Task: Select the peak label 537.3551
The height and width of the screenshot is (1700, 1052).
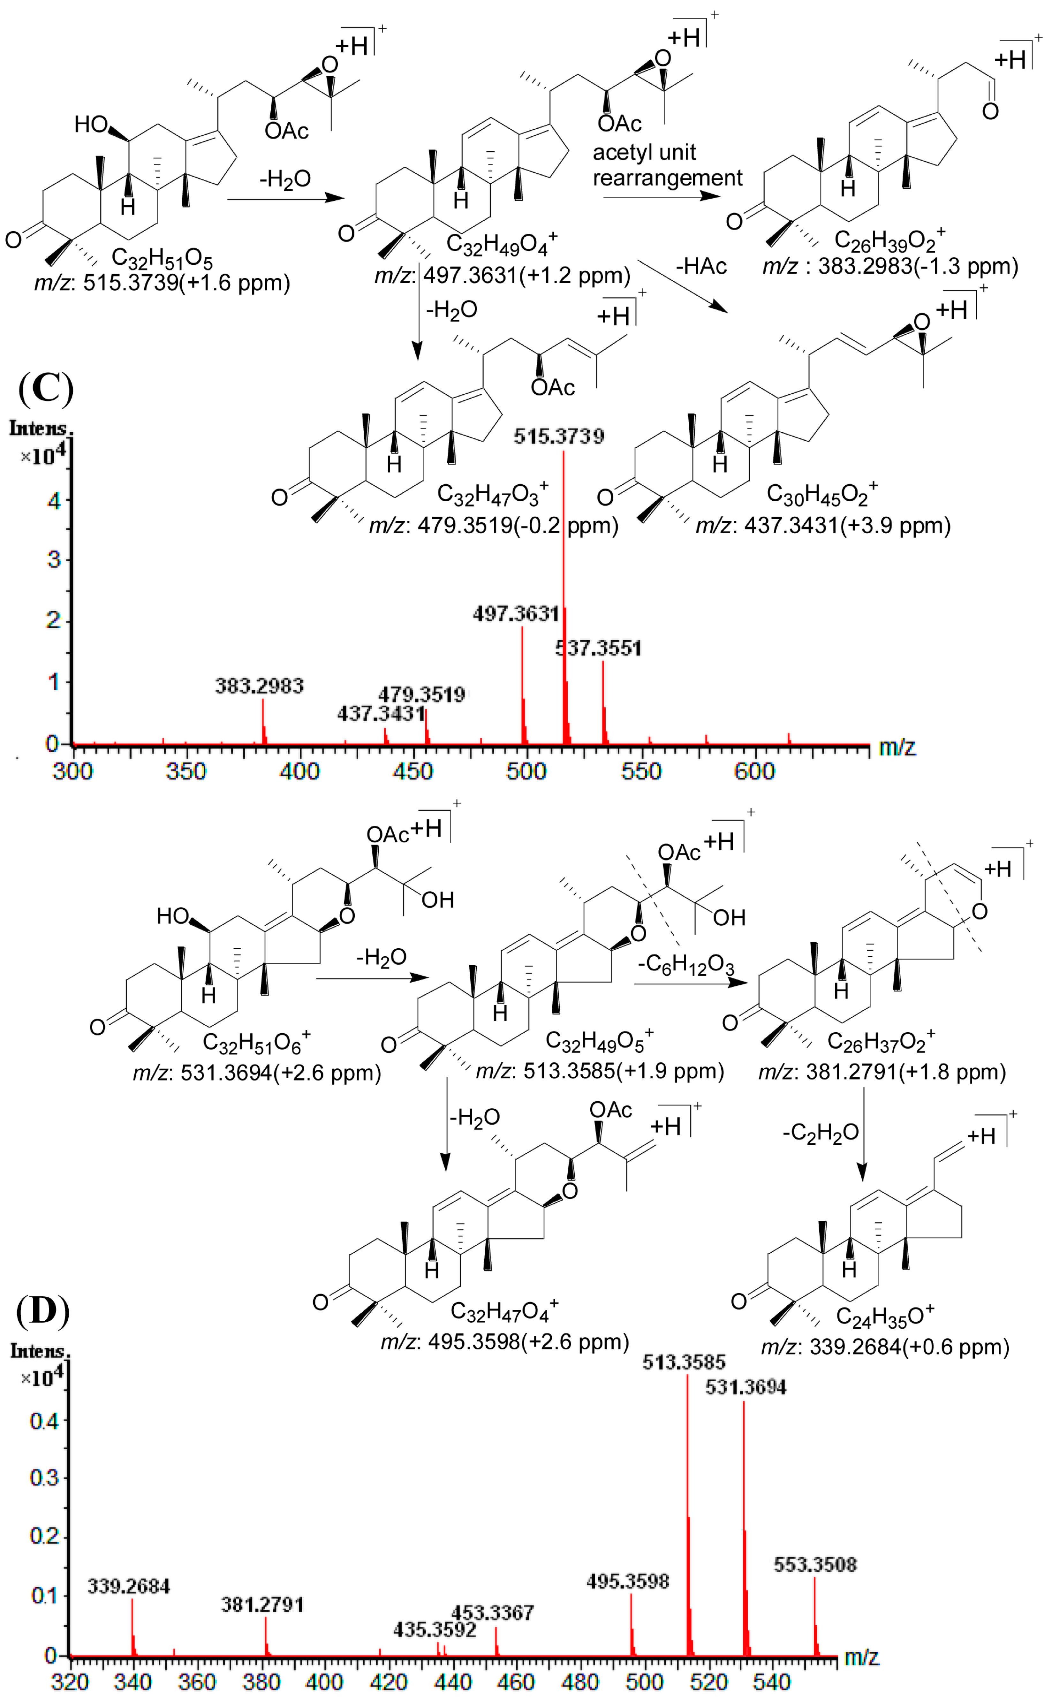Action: pyautogui.click(x=599, y=649)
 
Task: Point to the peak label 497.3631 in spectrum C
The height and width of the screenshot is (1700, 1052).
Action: pyautogui.click(x=516, y=614)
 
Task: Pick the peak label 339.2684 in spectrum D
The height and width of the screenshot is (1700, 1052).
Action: pyautogui.click(x=129, y=1587)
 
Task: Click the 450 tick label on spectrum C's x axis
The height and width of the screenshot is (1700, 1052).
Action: pyautogui.click(x=413, y=771)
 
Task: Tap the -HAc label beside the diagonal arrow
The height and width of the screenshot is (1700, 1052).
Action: pyautogui.click(x=701, y=266)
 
